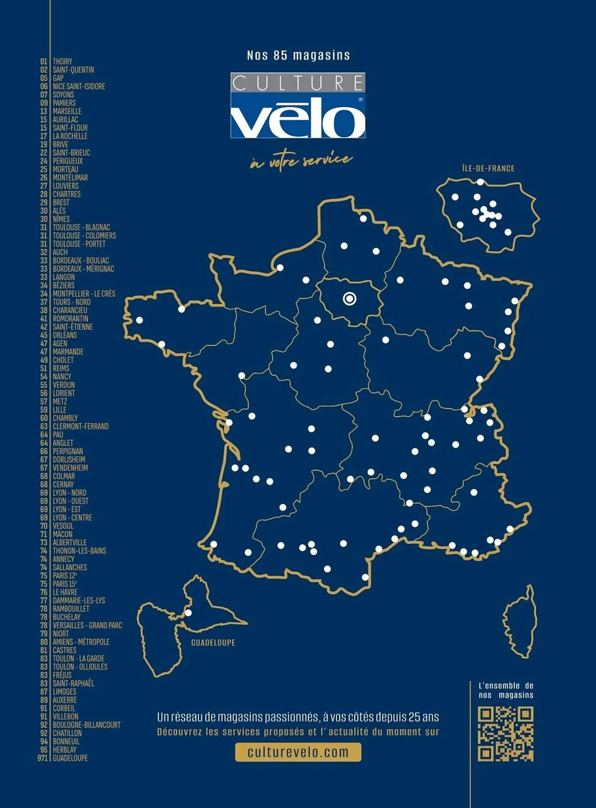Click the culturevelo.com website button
(x=298, y=752)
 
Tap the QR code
(x=506, y=734)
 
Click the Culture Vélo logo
(x=298, y=105)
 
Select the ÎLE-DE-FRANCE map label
(x=488, y=168)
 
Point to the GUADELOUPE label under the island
(x=213, y=643)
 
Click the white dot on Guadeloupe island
(x=188, y=613)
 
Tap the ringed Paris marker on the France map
(x=350, y=299)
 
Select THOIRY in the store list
(x=63, y=61)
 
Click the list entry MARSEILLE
(x=67, y=111)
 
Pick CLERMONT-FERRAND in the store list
(x=81, y=426)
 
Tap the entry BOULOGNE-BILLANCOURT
(x=87, y=725)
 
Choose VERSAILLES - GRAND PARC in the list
(x=87, y=625)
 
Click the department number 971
(x=42, y=758)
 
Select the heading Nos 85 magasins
(x=298, y=55)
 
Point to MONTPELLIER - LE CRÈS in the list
(x=84, y=294)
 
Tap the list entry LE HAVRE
(x=65, y=592)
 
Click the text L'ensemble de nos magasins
(x=506, y=690)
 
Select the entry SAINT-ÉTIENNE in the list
(x=73, y=327)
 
